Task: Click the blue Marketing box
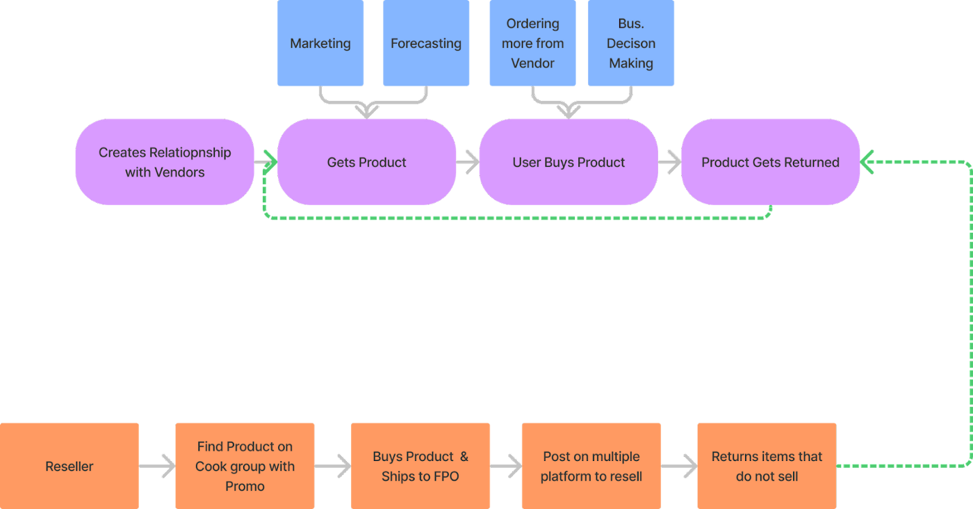coord(320,43)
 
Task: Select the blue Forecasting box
coord(426,43)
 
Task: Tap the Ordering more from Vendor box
coord(532,43)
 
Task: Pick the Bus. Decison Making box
coord(631,43)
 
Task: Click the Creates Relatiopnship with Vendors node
coord(165,162)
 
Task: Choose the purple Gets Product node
coord(367,162)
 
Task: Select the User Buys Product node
coord(569,162)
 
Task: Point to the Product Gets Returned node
coord(770,162)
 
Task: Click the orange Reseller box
coord(69,466)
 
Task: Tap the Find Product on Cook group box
coord(245,466)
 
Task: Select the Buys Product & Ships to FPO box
coord(420,466)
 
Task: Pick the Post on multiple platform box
coord(591,466)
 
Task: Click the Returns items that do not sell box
coord(767,466)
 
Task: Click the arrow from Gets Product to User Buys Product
coord(468,162)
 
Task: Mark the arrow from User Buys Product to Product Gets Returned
coord(670,162)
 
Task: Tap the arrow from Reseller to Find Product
coord(158,466)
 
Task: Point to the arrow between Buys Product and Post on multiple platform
coord(507,466)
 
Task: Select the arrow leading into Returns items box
coord(680,466)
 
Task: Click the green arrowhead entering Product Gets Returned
coord(867,162)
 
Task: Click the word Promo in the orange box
coord(245,486)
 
